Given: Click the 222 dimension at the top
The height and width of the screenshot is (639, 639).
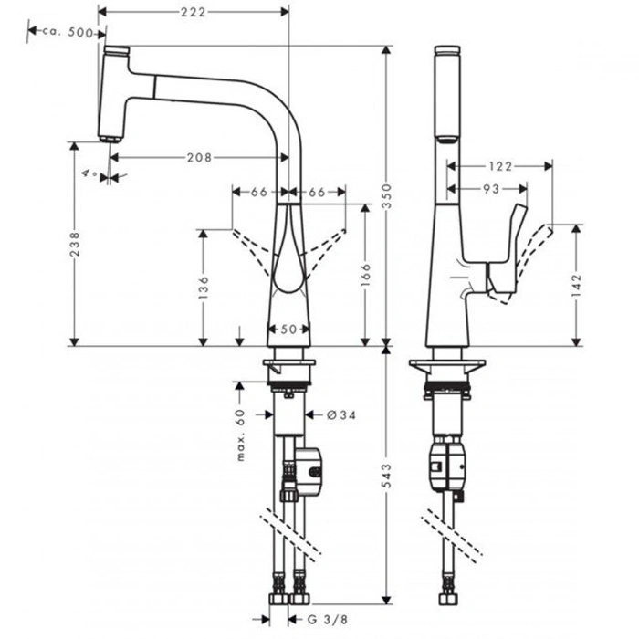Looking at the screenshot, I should tap(192, 12).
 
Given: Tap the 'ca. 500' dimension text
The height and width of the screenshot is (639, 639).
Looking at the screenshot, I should tap(67, 32).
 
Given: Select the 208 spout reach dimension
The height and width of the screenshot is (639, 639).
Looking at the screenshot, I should tap(198, 157).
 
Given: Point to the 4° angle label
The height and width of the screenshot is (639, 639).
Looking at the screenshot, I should tap(89, 172).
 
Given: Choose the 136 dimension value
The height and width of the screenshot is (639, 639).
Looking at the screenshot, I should tap(204, 288).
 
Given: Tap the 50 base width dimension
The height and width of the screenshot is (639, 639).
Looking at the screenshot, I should tap(289, 330).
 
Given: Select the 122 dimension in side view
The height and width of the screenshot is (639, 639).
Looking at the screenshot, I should tap(499, 166).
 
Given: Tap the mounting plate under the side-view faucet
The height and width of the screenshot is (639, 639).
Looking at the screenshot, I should tap(446, 366).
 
